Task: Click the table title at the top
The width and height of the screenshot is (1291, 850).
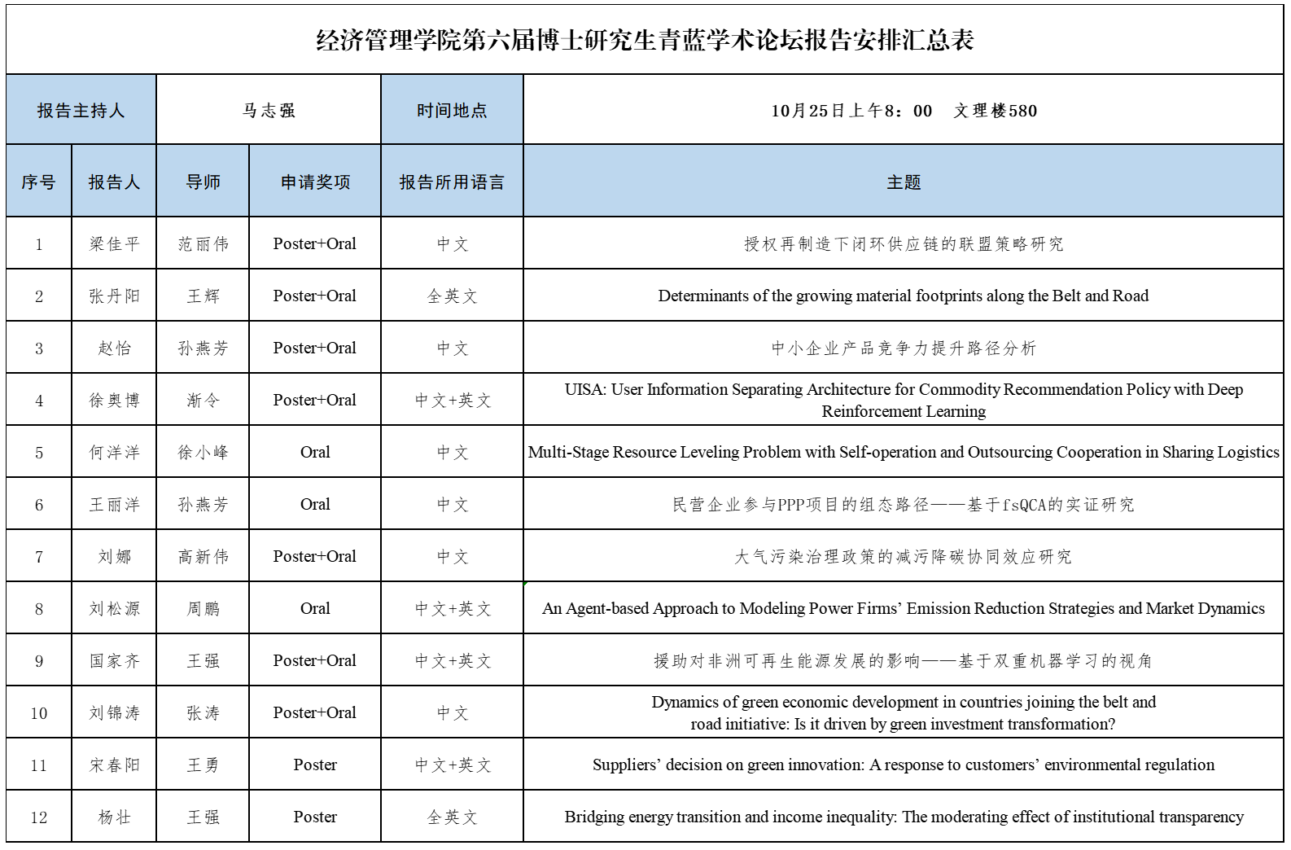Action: click(x=645, y=40)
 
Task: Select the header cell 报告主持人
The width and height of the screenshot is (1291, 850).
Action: click(x=81, y=111)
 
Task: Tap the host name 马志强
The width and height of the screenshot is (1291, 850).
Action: click(x=269, y=111)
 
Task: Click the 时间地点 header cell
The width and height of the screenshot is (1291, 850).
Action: click(x=452, y=111)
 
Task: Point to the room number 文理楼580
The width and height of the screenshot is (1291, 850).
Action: click(x=996, y=111)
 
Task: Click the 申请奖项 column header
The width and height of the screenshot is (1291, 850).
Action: click(x=315, y=182)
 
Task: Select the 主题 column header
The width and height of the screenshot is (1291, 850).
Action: click(x=904, y=182)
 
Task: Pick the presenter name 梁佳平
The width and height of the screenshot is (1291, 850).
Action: click(x=114, y=244)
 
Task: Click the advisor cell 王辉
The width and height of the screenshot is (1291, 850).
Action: click(x=203, y=296)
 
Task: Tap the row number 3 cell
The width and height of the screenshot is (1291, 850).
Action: click(x=39, y=348)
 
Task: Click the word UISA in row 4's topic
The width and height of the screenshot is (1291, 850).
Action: click(x=584, y=390)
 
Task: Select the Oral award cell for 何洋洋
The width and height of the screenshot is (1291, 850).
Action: click(x=315, y=453)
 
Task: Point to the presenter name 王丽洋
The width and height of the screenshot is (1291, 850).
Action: click(x=114, y=505)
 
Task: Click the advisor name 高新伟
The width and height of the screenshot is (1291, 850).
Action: click(x=203, y=557)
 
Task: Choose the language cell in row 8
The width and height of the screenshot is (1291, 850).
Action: click(x=452, y=609)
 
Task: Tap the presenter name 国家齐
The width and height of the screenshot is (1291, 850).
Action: click(x=114, y=661)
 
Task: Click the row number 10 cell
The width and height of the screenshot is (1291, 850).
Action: click(x=39, y=713)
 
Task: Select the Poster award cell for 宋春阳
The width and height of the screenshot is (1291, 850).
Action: click(x=315, y=765)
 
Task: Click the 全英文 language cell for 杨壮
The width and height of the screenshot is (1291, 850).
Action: click(x=452, y=817)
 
